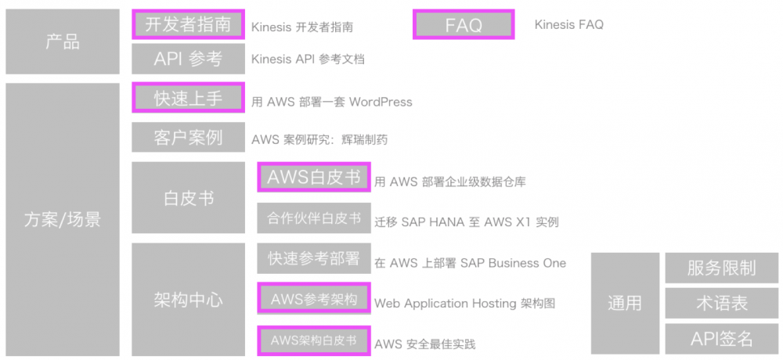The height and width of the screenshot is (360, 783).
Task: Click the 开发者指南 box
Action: tap(188, 24)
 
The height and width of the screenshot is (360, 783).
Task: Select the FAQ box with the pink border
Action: tap(464, 25)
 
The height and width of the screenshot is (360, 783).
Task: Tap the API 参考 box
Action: tap(188, 59)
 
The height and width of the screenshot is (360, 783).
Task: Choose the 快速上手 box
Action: tap(188, 99)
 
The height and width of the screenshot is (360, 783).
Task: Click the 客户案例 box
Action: tap(188, 138)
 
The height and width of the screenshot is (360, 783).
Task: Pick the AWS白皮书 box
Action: tap(313, 177)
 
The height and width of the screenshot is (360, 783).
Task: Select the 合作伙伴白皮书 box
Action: tap(313, 218)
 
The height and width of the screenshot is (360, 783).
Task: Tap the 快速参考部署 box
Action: tap(313, 258)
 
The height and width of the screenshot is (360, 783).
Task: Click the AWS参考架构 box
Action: tap(313, 299)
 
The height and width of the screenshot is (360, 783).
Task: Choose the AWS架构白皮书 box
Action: tap(313, 340)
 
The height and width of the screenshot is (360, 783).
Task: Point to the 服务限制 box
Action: tap(721, 268)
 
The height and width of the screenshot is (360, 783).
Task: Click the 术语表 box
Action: tap(721, 303)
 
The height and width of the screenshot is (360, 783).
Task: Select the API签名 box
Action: tap(721, 338)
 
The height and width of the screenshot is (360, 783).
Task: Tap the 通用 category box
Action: tap(624, 303)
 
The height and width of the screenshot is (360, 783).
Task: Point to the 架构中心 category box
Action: tap(188, 299)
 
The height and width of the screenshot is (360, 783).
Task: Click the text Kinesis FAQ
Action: tap(569, 25)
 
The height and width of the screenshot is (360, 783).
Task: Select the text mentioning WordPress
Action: tap(332, 102)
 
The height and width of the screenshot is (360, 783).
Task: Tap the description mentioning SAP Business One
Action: tap(470, 263)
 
